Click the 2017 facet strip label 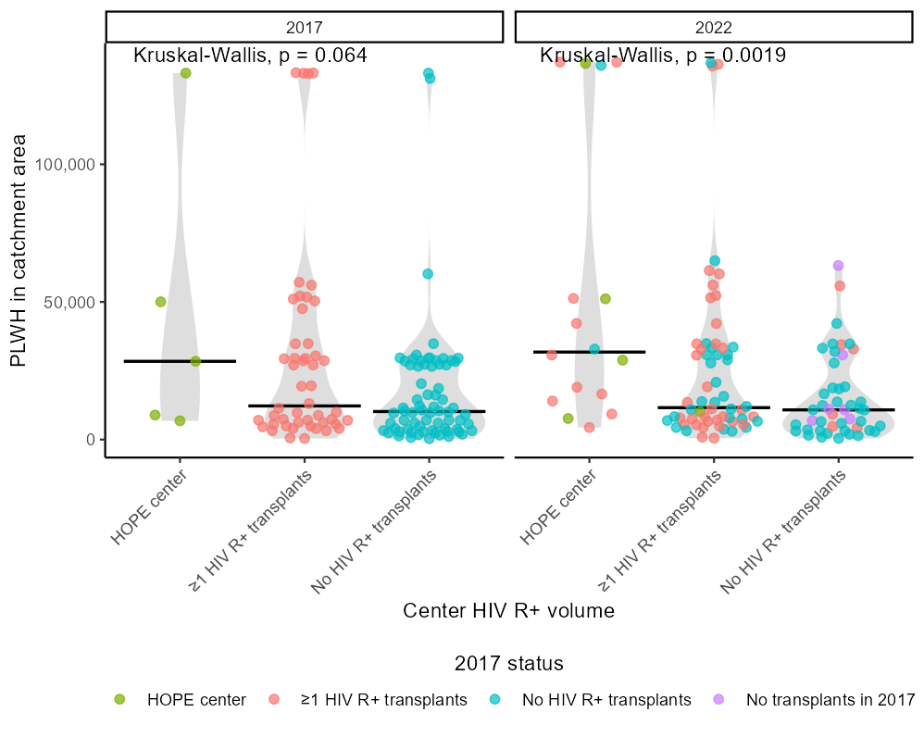coord(304,27)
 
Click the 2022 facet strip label coord(713,27)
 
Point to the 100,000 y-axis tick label coord(68,165)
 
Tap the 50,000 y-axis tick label coord(72,303)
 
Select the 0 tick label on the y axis coord(91,440)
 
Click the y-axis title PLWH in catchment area coord(19,250)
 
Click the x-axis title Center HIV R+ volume coord(508,611)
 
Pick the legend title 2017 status coord(508,664)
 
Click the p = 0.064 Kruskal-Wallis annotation coord(250,56)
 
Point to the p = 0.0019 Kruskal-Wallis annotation coord(663,56)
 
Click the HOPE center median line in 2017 coord(180,361)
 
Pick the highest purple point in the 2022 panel coord(838,266)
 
